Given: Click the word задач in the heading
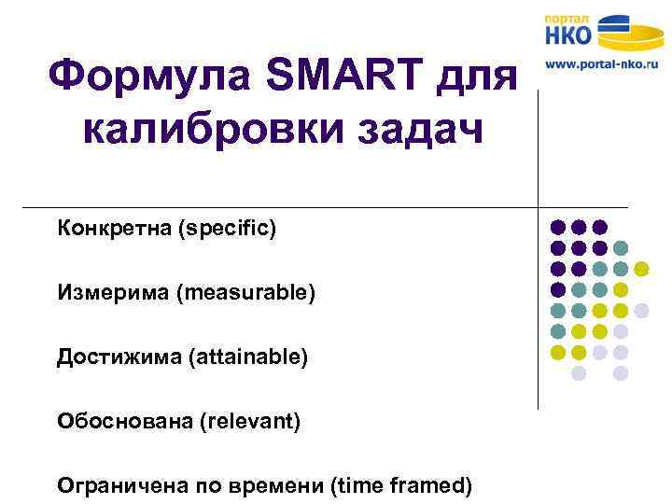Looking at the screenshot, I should pyautogui.click(x=424, y=132).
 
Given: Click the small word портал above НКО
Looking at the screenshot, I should pyautogui.click(x=567, y=18).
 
